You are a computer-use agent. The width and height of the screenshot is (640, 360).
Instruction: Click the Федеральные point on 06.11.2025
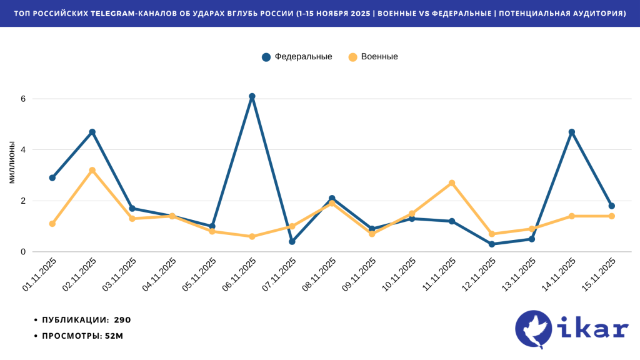point(252,97)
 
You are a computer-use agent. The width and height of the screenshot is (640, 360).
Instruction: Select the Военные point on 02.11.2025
point(92,171)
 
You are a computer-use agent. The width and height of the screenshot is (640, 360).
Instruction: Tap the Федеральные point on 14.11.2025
point(571,132)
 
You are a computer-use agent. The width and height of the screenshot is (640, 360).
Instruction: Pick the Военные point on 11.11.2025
point(452,183)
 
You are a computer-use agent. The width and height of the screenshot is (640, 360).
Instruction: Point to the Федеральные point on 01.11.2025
point(52,178)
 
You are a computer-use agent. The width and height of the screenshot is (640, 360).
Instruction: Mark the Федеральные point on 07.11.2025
point(292,241)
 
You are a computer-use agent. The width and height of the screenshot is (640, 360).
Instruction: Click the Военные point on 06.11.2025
point(252,236)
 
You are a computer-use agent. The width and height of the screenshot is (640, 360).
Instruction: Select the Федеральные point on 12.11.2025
point(492,244)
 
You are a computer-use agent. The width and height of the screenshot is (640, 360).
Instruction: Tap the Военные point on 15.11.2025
point(612,216)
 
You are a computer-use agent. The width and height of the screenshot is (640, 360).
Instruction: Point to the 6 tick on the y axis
point(22,99)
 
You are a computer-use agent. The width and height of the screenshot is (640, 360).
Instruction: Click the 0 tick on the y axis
point(22,252)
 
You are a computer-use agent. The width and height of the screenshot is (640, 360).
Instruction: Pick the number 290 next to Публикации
point(122,320)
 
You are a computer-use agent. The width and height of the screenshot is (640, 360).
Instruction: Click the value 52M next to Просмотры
point(114,336)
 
